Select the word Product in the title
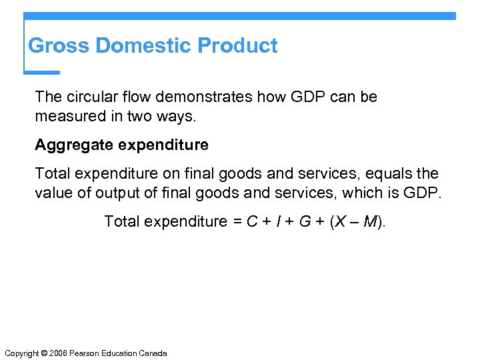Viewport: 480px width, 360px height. pos(238,46)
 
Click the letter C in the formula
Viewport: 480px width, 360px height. pos(252,221)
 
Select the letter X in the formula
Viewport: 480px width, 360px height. pos(340,221)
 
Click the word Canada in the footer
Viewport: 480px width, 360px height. pos(155,353)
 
